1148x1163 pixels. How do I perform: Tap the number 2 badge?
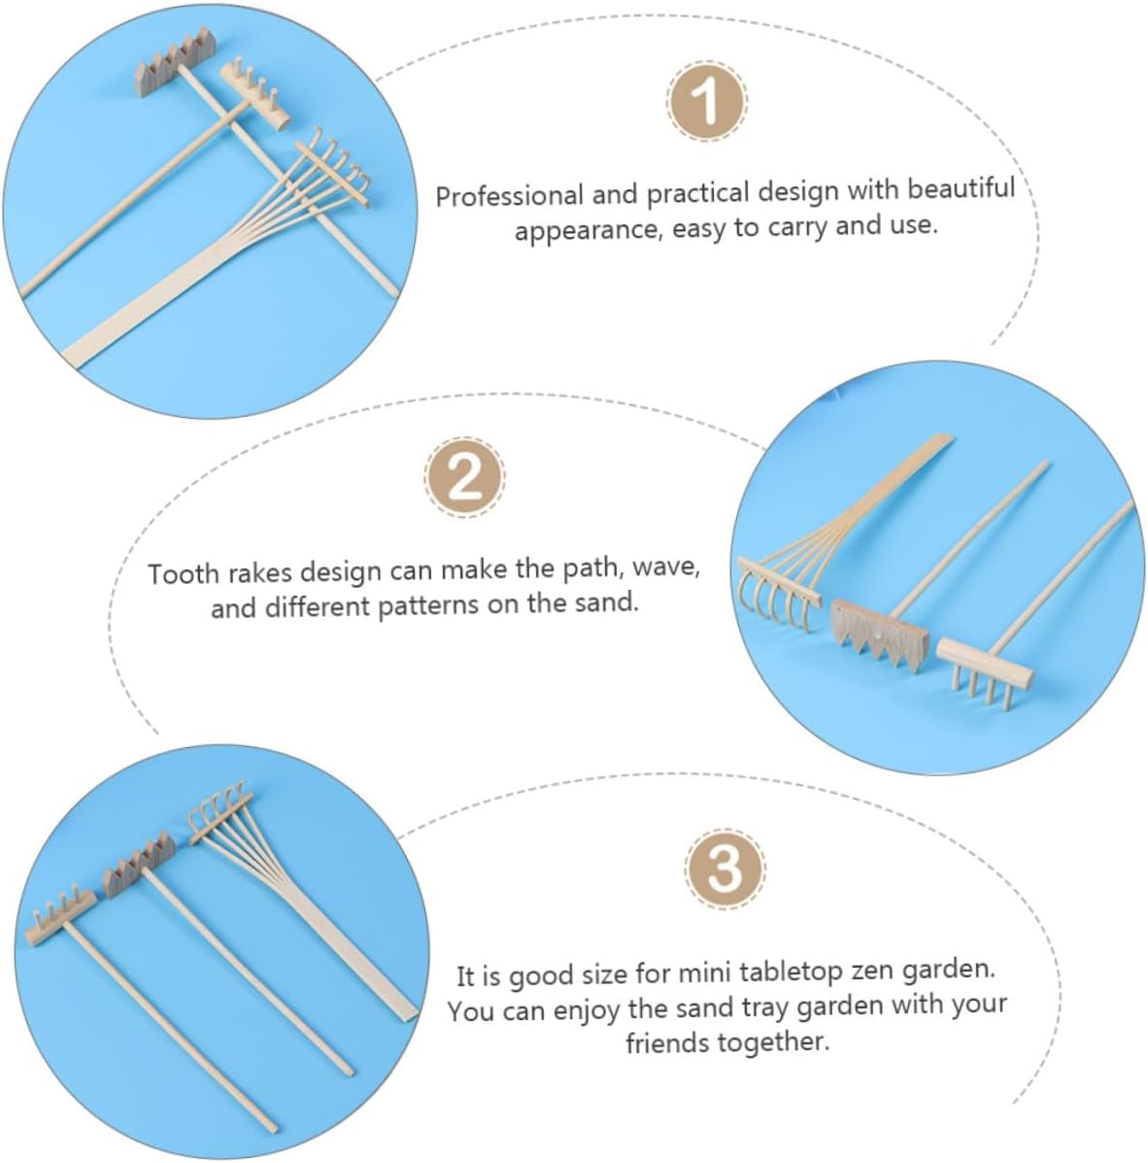[465, 477]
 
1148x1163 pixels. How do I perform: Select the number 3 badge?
[725, 868]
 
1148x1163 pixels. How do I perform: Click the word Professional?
[510, 196]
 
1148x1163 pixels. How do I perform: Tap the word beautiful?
[962, 188]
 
